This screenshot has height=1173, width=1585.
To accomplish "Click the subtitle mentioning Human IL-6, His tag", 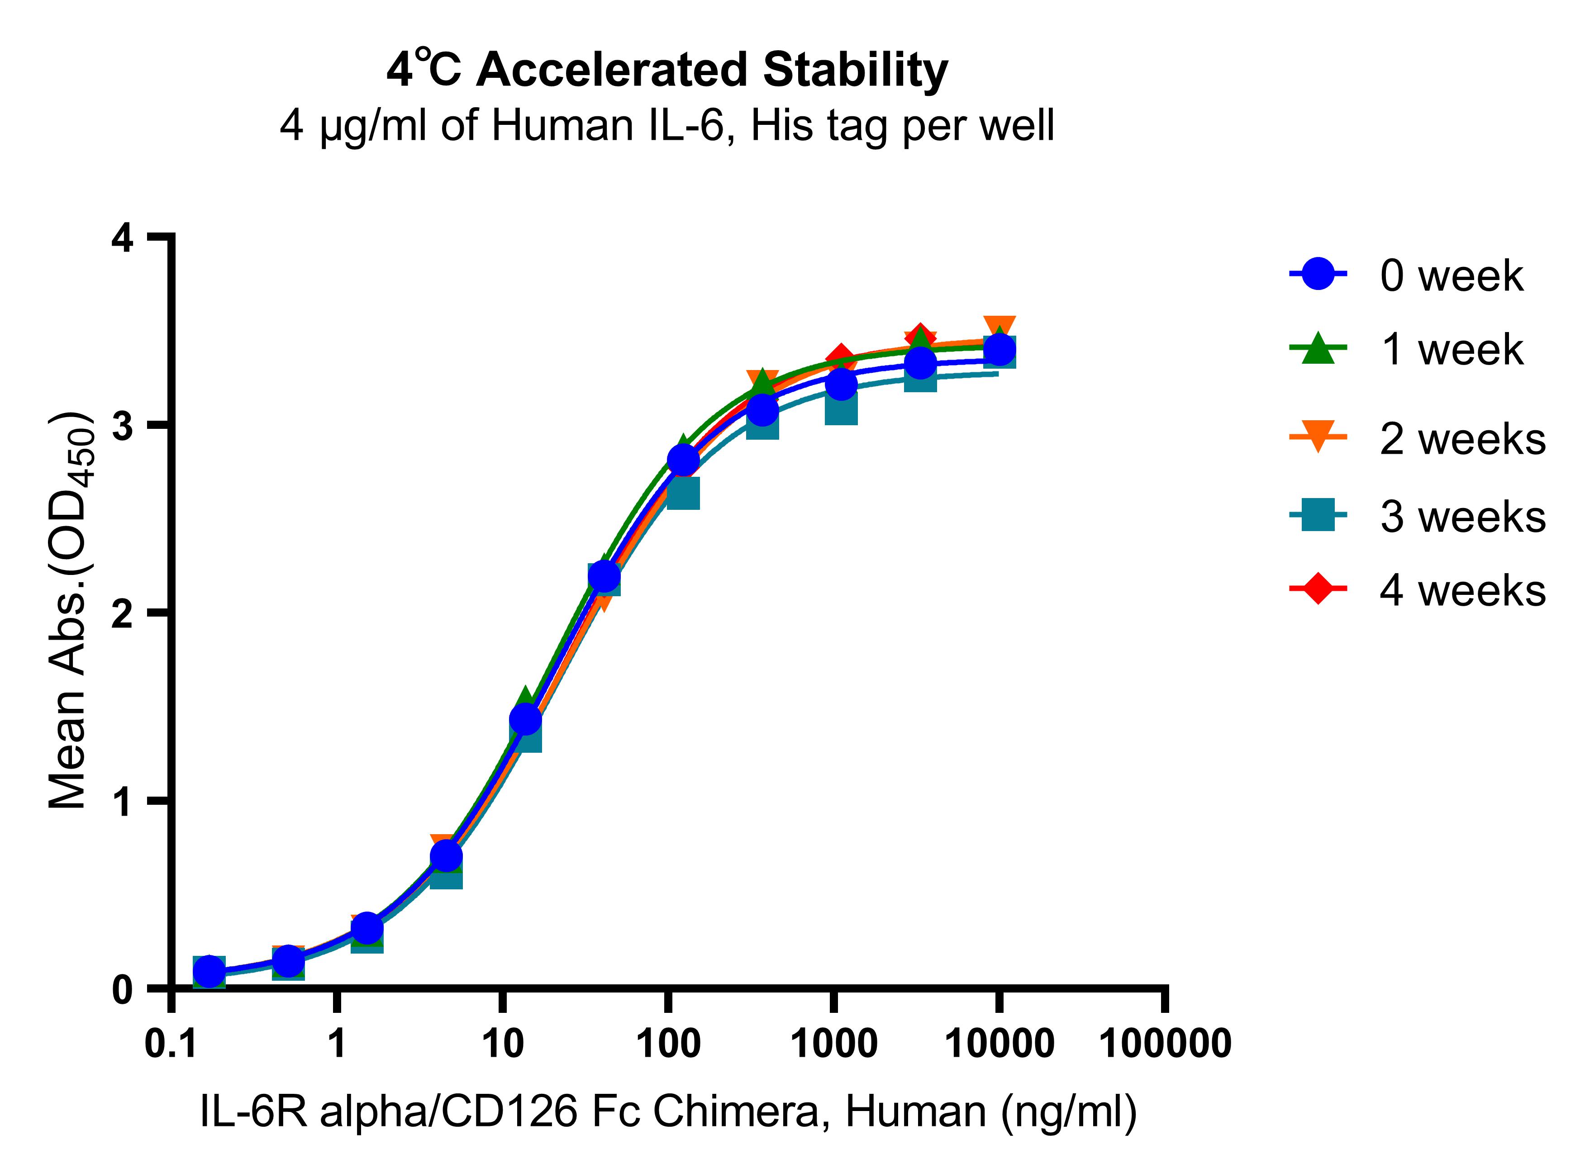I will (667, 126).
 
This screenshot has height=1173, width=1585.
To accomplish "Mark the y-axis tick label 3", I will (123, 427).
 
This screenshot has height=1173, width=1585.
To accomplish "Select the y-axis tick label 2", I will (123, 613).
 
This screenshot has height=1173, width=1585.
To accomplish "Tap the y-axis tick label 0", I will (123, 989).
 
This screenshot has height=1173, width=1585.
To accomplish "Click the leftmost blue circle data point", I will (209, 971).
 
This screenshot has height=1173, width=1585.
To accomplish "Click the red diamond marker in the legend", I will (1317, 589).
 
